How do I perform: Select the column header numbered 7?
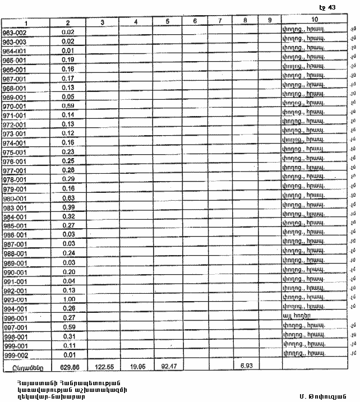click(220, 22)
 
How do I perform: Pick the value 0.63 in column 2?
click(68, 198)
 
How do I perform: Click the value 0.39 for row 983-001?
click(68, 207)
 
